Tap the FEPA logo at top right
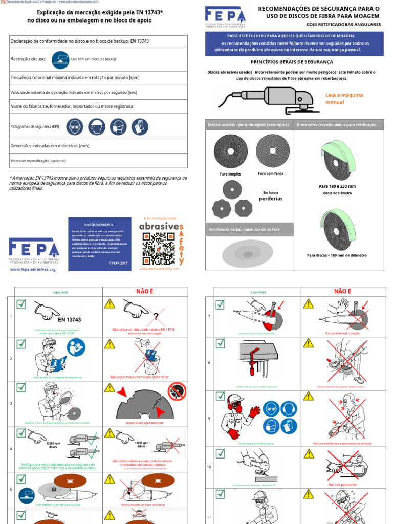click(x=226, y=18)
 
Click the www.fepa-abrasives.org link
click(x=33, y=269)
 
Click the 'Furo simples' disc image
click(x=230, y=151)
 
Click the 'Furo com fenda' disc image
click(x=272, y=150)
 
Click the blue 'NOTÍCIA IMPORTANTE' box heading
click(x=99, y=225)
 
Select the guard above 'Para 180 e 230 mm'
click(x=337, y=159)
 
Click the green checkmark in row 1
click(x=21, y=304)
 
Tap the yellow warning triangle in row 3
click(x=110, y=388)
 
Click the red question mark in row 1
click(x=156, y=316)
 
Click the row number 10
click(x=209, y=467)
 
